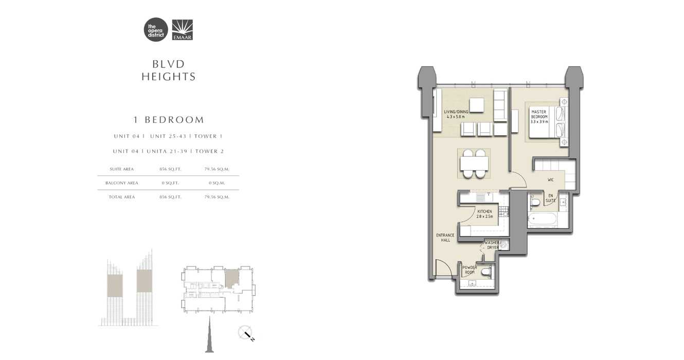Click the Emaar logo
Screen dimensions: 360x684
tap(182, 30)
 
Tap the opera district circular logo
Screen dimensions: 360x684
tap(156, 30)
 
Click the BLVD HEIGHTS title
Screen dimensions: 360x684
tap(169, 70)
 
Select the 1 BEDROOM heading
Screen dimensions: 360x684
tap(169, 120)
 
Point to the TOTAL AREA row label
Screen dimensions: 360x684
tap(122, 197)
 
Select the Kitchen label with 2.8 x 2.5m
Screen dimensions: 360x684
tap(484, 214)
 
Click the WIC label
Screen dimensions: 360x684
tap(550, 180)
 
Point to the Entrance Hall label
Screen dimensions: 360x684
tap(445, 238)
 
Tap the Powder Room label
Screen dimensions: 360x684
tap(470, 269)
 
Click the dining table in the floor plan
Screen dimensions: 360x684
tap(474, 164)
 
